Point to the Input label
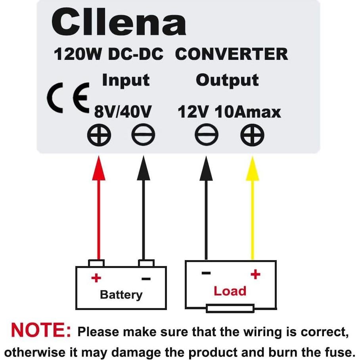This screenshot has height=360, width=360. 126,80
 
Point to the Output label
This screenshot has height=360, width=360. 227,80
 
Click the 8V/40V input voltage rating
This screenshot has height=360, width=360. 123,112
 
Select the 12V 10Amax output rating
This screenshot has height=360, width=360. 229,112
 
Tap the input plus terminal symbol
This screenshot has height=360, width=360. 99,136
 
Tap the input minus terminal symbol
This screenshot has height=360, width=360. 143,136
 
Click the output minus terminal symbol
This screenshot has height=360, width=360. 207,136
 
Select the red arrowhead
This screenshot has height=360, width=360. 99,169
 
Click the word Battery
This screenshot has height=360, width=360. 121,295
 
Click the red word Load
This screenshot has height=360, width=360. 230,291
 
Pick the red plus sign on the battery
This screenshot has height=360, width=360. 95,278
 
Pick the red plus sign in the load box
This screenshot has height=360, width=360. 255,274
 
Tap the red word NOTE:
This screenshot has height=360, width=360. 41,330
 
